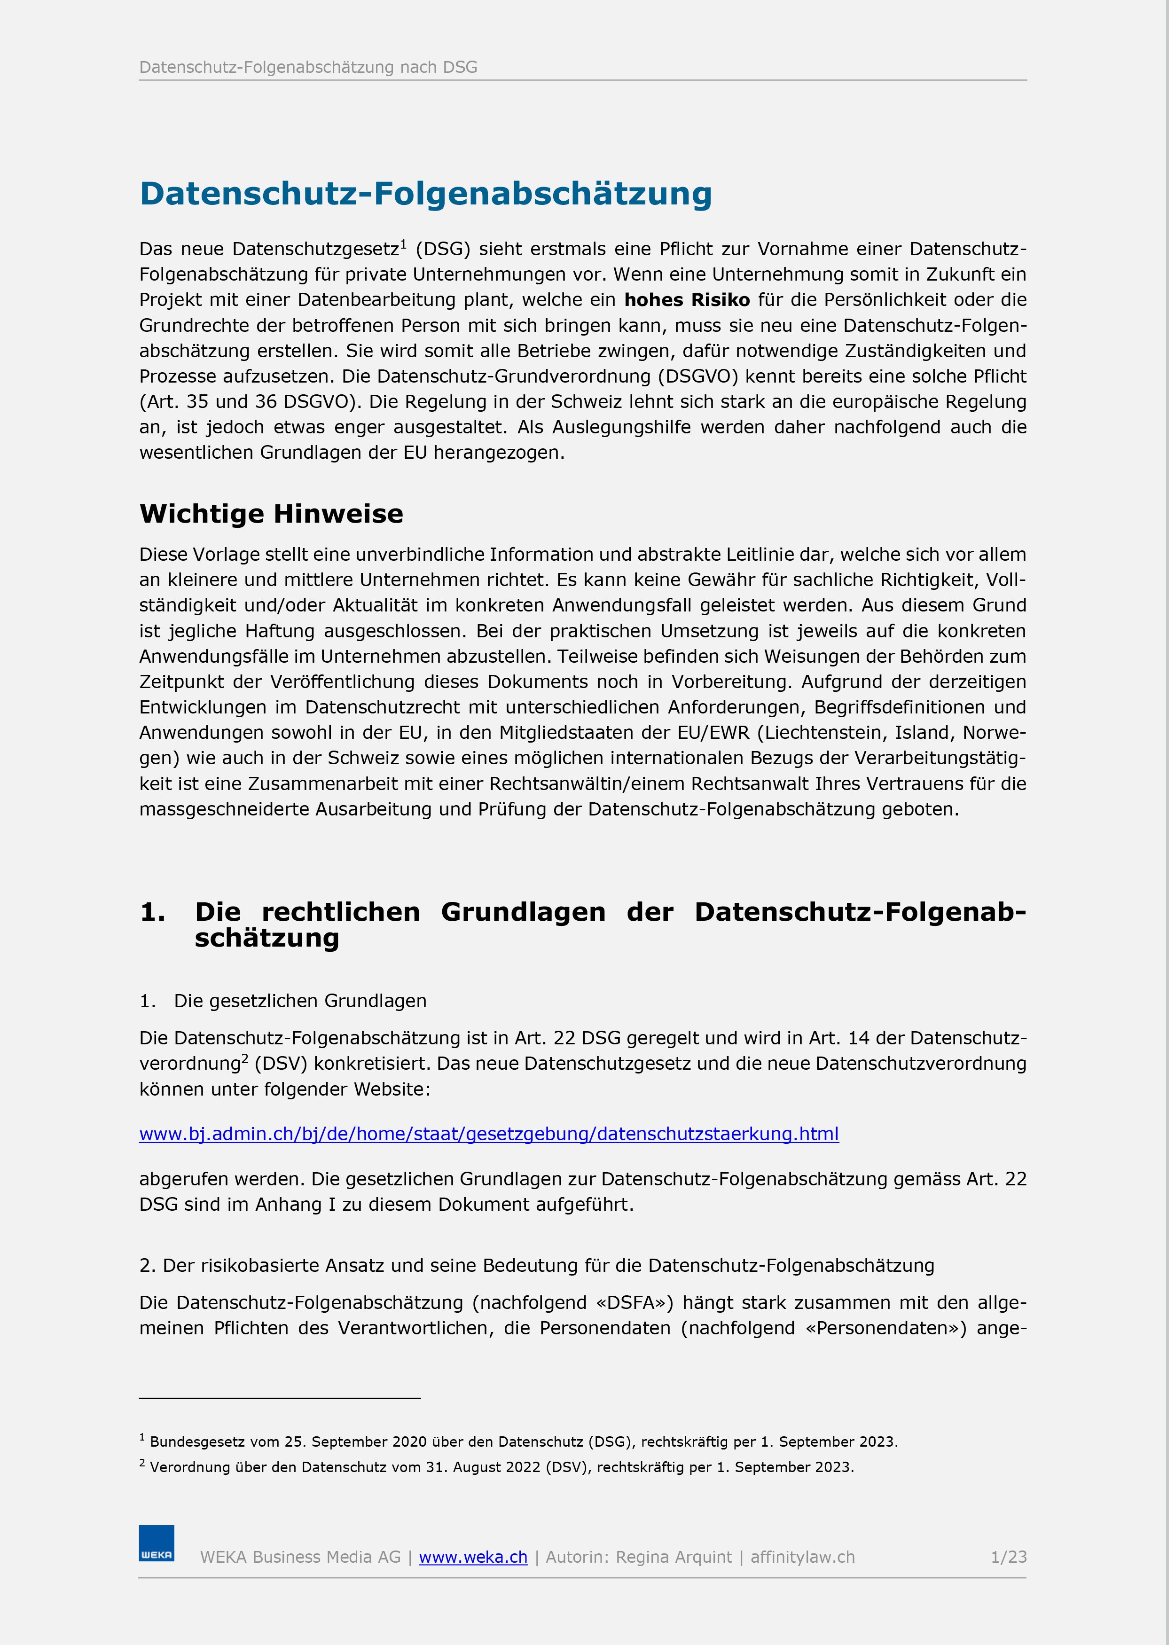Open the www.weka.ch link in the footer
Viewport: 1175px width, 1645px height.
[x=473, y=1557]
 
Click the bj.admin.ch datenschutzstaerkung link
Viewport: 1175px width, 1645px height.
[x=489, y=1134]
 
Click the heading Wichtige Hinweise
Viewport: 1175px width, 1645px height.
[x=271, y=514]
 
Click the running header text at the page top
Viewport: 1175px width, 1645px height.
[x=308, y=67]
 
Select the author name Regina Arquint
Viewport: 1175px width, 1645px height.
[x=674, y=1557]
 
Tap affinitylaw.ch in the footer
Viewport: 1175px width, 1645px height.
[x=802, y=1557]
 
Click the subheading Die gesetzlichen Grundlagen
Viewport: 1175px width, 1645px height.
[x=300, y=1001]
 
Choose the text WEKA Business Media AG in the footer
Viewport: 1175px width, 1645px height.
[x=300, y=1557]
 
